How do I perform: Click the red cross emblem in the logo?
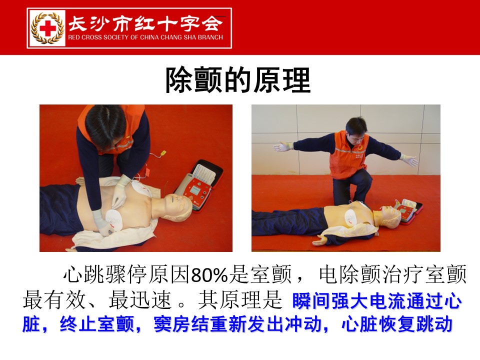tap(48, 28)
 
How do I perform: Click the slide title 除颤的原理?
tap(238, 80)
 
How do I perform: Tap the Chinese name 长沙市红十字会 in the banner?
tap(145, 24)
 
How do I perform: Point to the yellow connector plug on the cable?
tap(163, 152)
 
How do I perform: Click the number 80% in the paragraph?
tap(209, 274)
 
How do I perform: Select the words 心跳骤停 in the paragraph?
tap(105, 274)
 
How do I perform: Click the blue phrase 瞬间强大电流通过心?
tap(377, 301)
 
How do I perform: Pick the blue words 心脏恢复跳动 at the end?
tap(397, 324)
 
